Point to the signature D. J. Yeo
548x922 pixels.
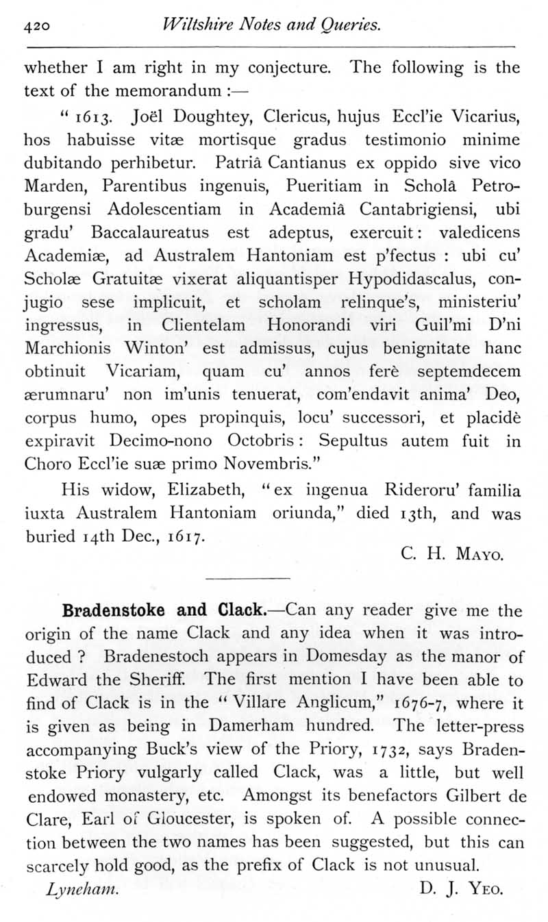pyautogui.click(x=461, y=891)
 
